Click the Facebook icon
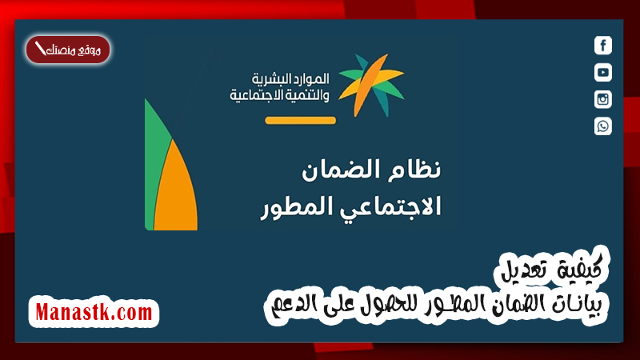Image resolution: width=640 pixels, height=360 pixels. pos(603,46)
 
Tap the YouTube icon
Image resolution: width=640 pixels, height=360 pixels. pos(603,72)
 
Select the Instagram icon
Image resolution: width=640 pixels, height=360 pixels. pos(603,99)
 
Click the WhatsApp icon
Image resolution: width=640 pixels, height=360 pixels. pos(603,126)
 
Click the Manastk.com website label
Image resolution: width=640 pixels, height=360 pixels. pos(94,312)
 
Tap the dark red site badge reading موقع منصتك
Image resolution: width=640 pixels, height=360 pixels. pos(68,50)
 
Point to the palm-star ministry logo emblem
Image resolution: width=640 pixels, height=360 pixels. pos(371,85)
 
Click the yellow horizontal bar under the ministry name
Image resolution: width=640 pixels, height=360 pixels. pos(301,120)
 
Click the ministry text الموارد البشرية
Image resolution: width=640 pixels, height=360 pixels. pos(290,78)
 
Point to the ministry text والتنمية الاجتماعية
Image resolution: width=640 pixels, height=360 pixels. pos(279,95)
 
